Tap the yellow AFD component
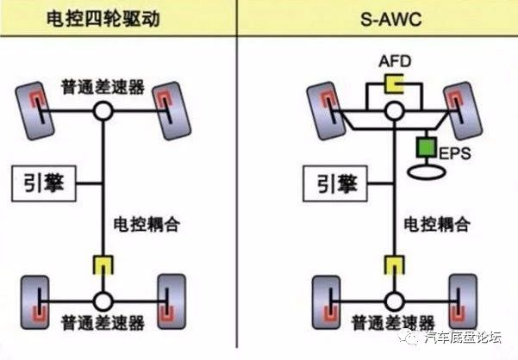(395, 84)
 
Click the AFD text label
(395, 62)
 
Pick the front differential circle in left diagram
(103, 111)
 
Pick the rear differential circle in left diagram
(103, 301)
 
